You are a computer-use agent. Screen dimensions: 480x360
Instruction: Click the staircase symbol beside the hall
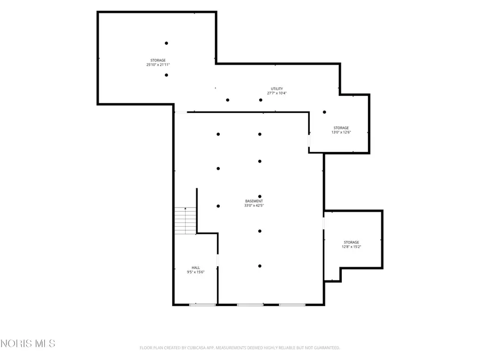tap(185, 221)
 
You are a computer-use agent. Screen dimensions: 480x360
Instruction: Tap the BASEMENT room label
tap(254, 201)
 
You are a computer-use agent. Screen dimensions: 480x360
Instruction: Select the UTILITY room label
tap(277, 89)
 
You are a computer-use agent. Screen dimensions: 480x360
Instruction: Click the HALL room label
tap(196, 268)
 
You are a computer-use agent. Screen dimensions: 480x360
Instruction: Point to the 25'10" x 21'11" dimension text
tap(158, 65)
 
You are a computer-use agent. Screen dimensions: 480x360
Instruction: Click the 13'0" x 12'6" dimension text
tap(341, 132)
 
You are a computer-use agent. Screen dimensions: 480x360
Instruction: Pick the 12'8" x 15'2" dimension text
tap(351, 246)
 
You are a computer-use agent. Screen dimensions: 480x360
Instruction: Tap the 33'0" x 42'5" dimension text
tap(254, 205)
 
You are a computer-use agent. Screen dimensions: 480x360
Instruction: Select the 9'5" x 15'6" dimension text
tap(196, 272)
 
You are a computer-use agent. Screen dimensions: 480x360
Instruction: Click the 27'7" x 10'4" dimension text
tap(277, 93)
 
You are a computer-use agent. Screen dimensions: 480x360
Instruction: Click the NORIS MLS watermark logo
tap(28, 343)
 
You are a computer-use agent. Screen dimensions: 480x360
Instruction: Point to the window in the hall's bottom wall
tap(202, 305)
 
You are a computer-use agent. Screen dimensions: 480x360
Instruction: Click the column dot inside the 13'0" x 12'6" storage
tap(324, 112)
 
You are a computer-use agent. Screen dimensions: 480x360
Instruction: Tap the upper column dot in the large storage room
tap(166, 43)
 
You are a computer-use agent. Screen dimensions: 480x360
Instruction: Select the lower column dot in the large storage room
tap(166, 75)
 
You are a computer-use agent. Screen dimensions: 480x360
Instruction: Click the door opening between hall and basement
tap(218, 260)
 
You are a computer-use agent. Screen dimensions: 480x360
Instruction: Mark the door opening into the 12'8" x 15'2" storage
tap(324, 223)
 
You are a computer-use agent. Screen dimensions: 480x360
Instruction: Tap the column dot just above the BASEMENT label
tap(260, 196)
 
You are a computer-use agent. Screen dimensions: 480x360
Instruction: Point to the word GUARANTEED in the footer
tap(328, 348)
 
